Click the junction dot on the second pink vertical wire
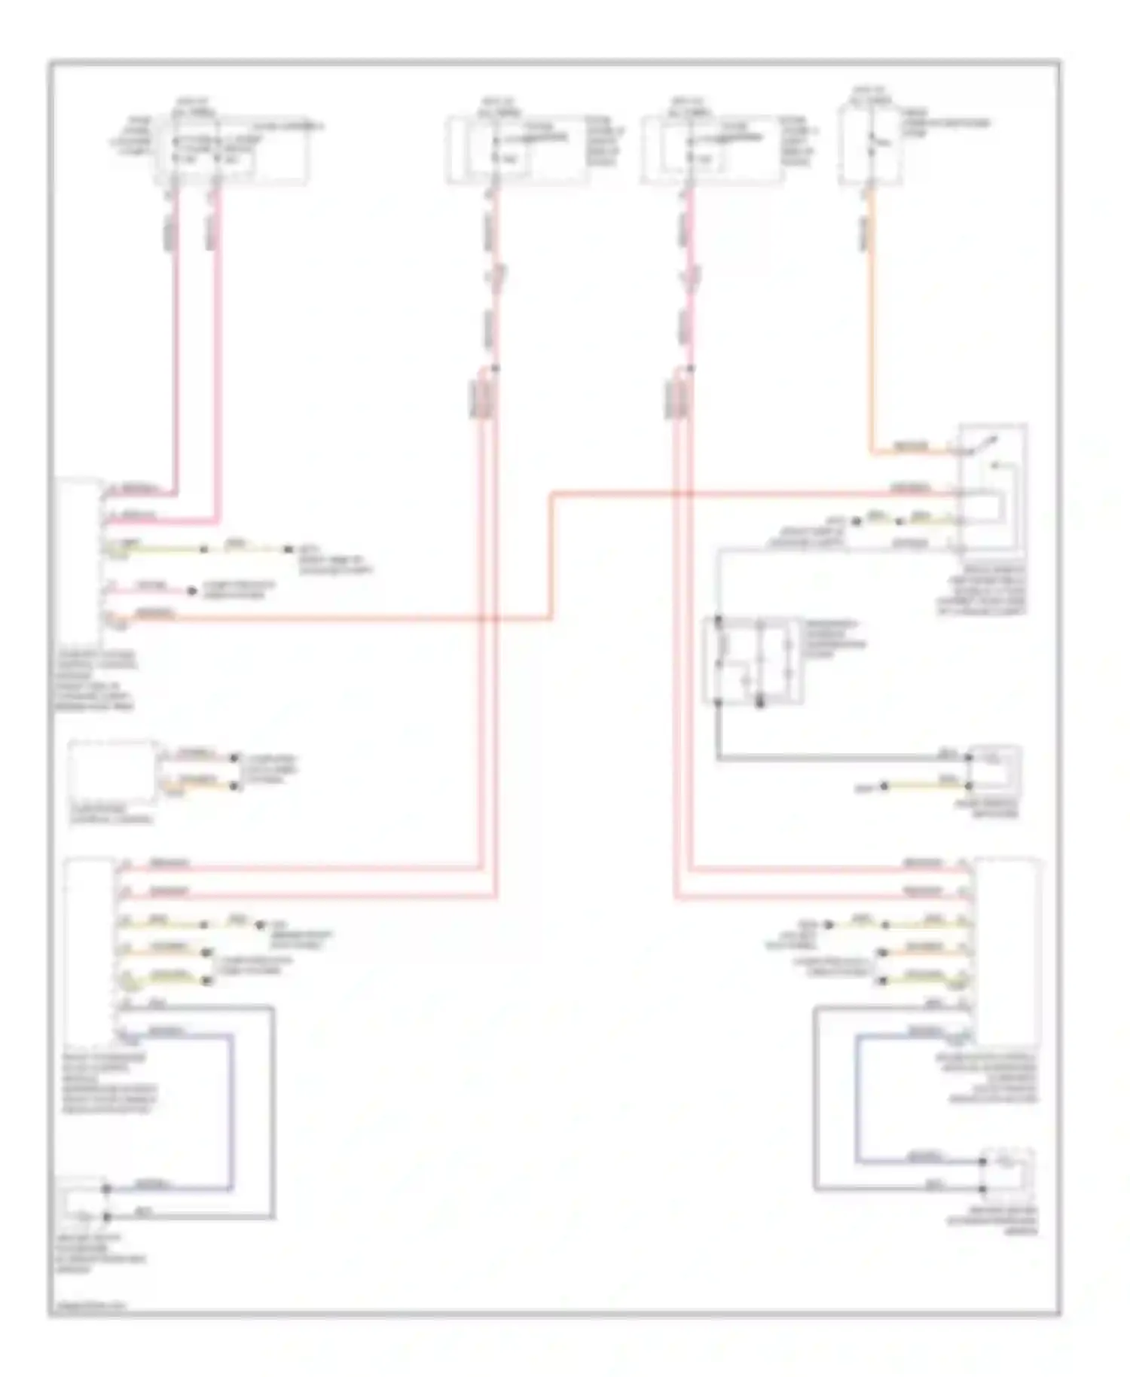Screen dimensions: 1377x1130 [x=495, y=368]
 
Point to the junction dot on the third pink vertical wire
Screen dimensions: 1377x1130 [x=691, y=368]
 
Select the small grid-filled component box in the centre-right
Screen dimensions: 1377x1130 [x=752, y=661]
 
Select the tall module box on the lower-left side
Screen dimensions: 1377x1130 [x=90, y=949]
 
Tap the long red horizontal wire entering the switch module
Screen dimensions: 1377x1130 [x=753, y=495]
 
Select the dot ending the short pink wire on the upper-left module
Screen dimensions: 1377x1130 [x=192, y=591]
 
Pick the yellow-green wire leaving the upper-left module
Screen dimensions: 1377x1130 [x=158, y=549]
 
